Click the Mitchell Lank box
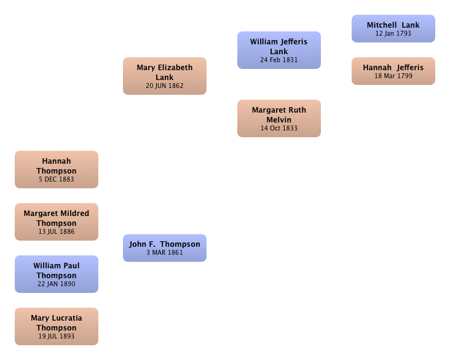point(393,28)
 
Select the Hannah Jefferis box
point(393,71)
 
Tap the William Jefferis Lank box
point(279,50)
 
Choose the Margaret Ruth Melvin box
point(279,118)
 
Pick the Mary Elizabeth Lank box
point(165,76)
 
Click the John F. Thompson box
point(165,248)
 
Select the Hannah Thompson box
point(57,169)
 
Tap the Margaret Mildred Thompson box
point(57,222)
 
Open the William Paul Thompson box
point(57,274)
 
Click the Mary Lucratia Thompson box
point(57,326)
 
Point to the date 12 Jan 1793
point(393,33)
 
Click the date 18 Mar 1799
point(393,76)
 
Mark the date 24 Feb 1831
point(279,60)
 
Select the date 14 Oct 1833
point(279,128)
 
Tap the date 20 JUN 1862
point(165,86)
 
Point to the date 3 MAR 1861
point(165,252)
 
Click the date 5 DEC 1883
point(57,179)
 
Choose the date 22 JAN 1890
point(57,284)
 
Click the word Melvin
point(279,119)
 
